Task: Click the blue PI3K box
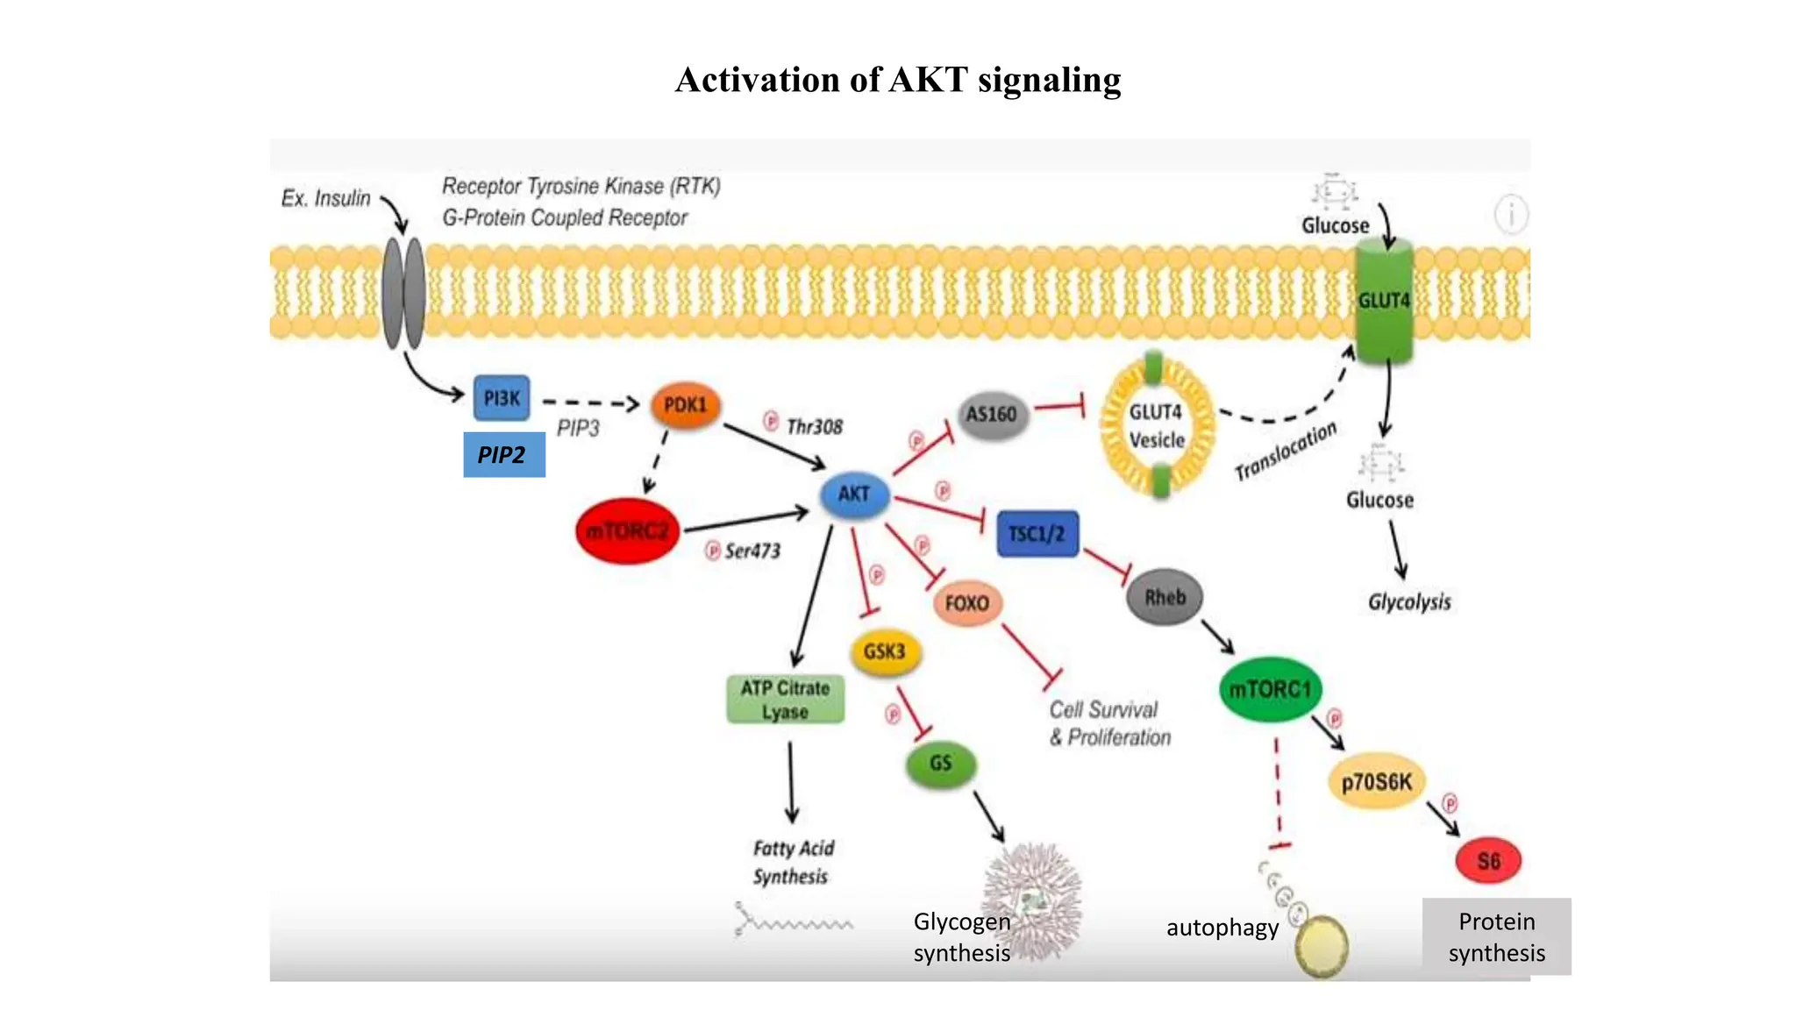pyautogui.click(x=502, y=398)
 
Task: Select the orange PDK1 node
pyautogui.click(x=685, y=405)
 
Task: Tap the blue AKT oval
pyautogui.click(x=854, y=494)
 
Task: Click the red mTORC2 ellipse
pyautogui.click(x=627, y=530)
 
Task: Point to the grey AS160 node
pyautogui.click(x=991, y=414)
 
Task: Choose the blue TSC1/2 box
pyautogui.click(x=1037, y=533)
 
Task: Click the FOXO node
pyautogui.click(x=966, y=603)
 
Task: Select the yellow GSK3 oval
pyautogui.click(x=884, y=651)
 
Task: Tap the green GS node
pyautogui.click(x=940, y=763)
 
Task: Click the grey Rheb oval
pyautogui.click(x=1165, y=597)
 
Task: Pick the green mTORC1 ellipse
pyautogui.click(x=1270, y=689)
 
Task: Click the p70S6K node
pyautogui.click(x=1377, y=781)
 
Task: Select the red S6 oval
pyautogui.click(x=1488, y=860)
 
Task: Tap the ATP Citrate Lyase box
pyautogui.click(x=785, y=699)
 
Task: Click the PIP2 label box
pyautogui.click(x=503, y=455)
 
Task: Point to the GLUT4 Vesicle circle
pyautogui.click(x=1157, y=426)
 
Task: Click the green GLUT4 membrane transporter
pyautogui.click(x=1384, y=301)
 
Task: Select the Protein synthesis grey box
pyautogui.click(x=1496, y=936)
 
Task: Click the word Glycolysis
pyautogui.click(x=1409, y=602)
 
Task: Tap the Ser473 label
pyautogui.click(x=752, y=551)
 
